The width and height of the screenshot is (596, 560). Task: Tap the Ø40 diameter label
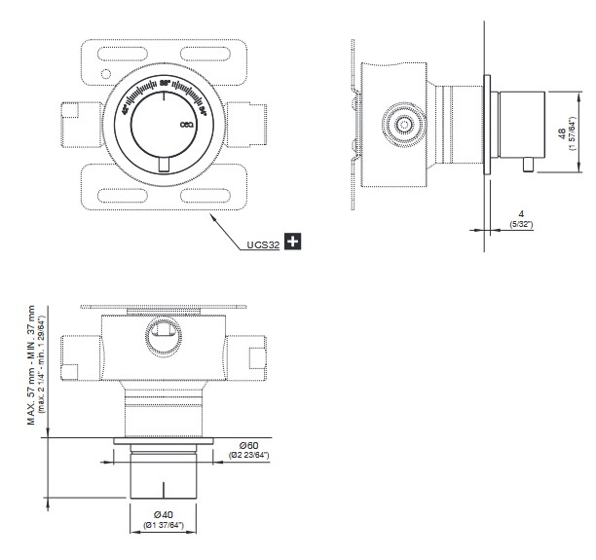[163, 514]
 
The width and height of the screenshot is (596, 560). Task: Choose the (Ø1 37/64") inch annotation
[163, 527]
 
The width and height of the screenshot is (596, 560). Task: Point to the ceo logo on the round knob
[187, 125]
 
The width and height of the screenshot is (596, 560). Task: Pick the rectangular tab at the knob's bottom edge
[164, 168]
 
